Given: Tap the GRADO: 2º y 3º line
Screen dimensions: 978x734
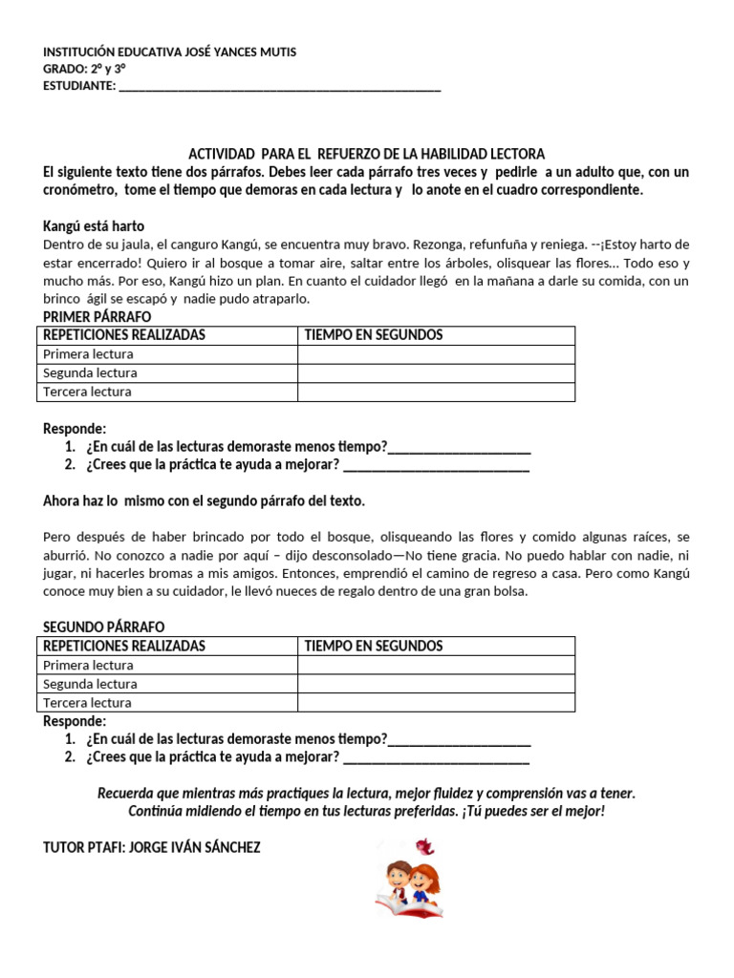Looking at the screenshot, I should coord(85,69).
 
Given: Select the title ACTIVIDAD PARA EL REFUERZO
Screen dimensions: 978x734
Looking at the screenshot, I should coord(366,154).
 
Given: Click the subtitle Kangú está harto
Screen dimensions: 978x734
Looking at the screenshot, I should coord(94,226).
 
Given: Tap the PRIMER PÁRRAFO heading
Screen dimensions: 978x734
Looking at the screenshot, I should coord(97,317).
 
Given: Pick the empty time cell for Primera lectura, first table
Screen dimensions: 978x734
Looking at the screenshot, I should coord(436,354).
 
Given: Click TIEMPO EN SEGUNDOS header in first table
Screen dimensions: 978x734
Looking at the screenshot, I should coord(374,335).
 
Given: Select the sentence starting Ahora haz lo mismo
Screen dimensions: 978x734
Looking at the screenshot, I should coord(205,500).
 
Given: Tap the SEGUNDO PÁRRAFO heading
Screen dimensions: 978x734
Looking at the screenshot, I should coord(104,627).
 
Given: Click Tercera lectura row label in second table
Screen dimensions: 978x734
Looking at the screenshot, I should coord(88,703).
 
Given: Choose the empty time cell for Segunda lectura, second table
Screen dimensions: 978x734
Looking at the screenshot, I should coord(436,684).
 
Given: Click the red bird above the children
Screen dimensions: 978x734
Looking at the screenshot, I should coord(424,846).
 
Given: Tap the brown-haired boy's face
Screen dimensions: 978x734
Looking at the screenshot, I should coord(397,875).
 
